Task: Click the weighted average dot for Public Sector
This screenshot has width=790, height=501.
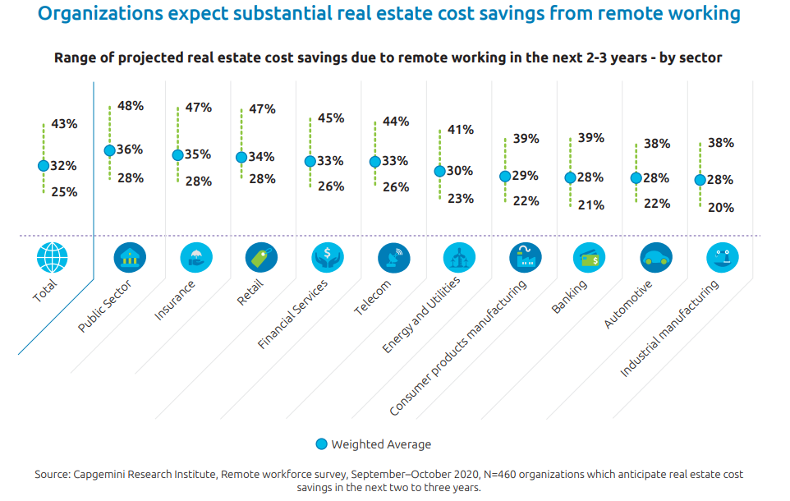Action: [x=109, y=150]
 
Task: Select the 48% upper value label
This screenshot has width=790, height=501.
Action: [x=131, y=106]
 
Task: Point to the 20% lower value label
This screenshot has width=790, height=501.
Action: [x=720, y=208]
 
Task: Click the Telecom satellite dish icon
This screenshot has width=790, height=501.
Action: [x=393, y=259]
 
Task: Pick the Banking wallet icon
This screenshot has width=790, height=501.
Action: [x=590, y=259]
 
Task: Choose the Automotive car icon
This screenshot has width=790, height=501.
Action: [x=656, y=259]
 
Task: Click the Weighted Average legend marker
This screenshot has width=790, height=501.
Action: [x=321, y=444]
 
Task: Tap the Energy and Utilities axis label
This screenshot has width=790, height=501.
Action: [x=420, y=315]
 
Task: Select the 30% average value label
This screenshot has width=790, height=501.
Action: [x=459, y=171]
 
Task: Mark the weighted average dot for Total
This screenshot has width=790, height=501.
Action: [x=44, y=165]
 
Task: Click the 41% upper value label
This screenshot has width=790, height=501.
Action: [x=461, y=130]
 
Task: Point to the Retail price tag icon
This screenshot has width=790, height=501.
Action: [x=261, y=259]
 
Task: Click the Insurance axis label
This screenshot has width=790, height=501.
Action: [x=175, y=300]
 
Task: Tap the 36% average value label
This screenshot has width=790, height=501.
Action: [x=130, y=149]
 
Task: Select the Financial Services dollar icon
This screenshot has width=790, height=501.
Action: [x=327, y=259]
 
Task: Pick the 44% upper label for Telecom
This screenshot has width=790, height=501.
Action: [x=396, y=122]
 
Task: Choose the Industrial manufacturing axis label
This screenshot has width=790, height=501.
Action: [x=669, y=329]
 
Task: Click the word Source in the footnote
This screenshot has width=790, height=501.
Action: [x=52, y=475]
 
